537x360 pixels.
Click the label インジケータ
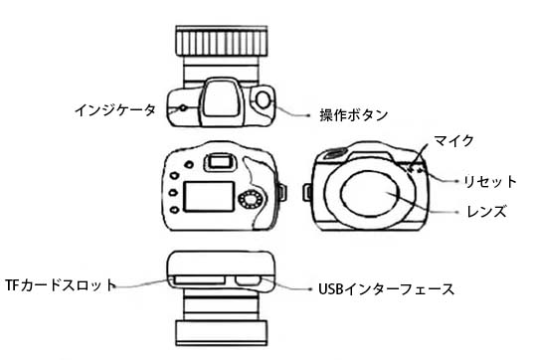pos(116,107)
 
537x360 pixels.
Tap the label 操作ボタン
pos(352,115)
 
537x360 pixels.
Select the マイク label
pos(452,140)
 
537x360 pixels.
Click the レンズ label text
pos(487,212)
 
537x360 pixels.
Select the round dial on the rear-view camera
pos(250,201)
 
